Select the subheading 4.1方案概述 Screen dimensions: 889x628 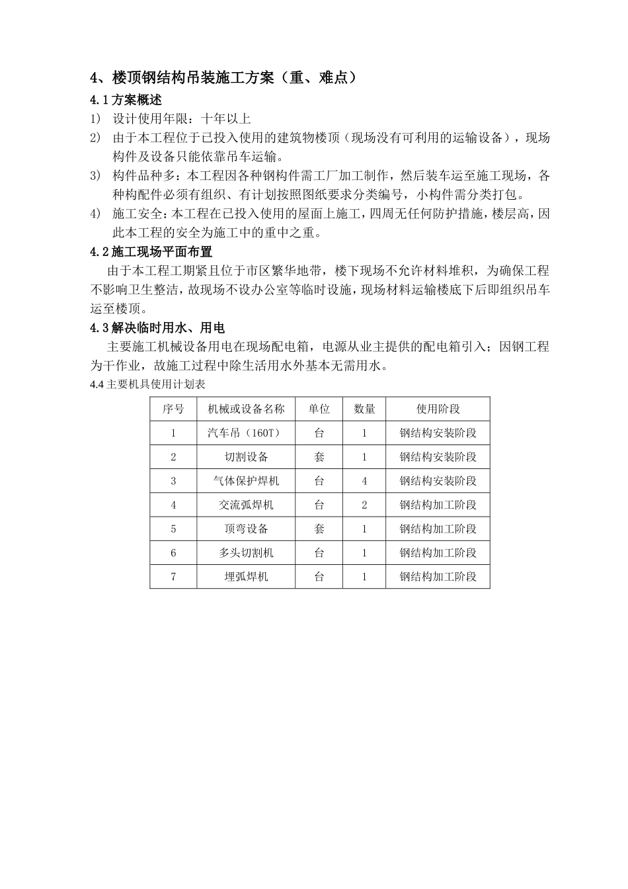(126, 101)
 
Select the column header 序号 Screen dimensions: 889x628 (173, 409)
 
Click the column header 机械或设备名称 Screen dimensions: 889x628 (246, 409)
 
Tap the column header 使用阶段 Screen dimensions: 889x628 (438, 409)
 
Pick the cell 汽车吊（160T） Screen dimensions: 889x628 (246, 433)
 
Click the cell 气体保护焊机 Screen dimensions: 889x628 (246, 481)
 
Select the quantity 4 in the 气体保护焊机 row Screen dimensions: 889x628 (364, 481)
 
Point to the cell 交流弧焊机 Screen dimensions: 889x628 (246, 505)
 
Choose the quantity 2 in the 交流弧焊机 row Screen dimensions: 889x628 (364, 505)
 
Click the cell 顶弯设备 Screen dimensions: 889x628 (246, 529)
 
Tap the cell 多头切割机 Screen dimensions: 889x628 (246, 552)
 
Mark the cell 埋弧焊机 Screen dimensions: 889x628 (246, 576)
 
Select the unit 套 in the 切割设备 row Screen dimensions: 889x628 (319, 457)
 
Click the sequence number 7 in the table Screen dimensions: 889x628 (173, 576)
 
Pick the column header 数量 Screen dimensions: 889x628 (364, 409)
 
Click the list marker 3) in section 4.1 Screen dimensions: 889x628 (96, 176)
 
